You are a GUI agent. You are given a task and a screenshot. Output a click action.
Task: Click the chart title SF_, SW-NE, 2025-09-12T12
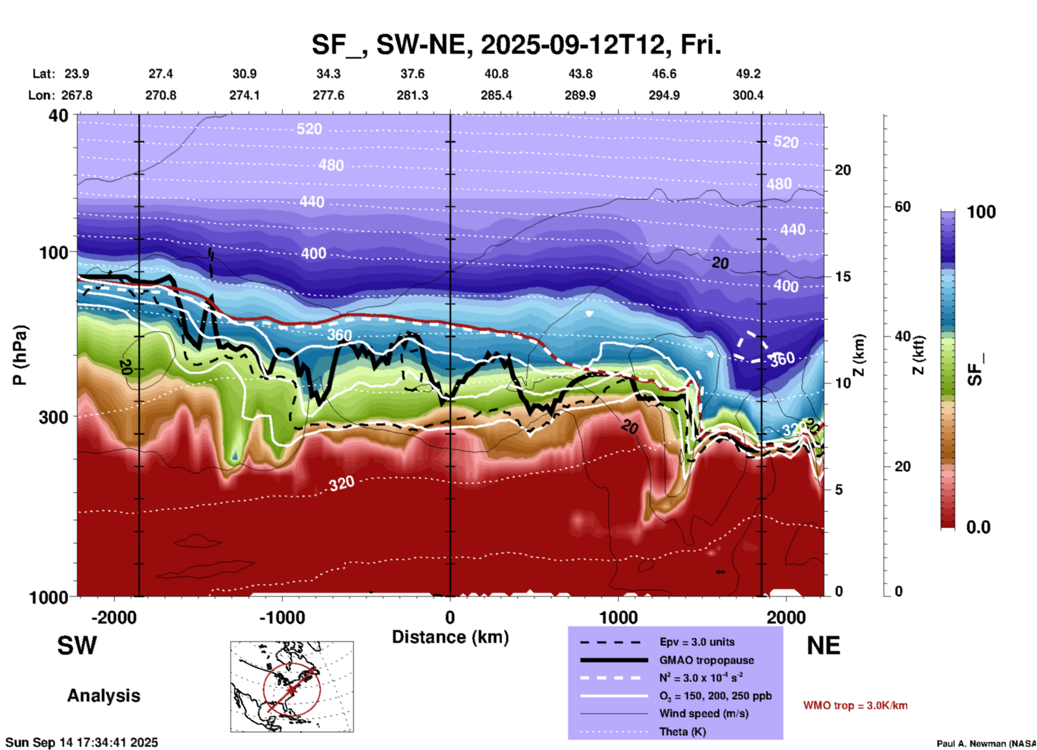[x=516, y=45]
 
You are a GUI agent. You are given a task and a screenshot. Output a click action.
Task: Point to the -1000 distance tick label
[x=282, y=618]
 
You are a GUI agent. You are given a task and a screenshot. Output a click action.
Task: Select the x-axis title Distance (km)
[x=450, y=637]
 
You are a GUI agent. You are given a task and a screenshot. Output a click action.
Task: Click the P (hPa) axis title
[x=20, y=355]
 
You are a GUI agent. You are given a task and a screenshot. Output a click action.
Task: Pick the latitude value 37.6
[x=412, y=74]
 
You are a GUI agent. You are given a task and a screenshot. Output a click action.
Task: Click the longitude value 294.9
[x=664, y=95]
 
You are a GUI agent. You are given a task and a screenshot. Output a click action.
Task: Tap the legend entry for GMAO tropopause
[x=706, y=660]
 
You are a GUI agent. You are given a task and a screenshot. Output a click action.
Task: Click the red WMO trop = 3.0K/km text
[x=855, y=705]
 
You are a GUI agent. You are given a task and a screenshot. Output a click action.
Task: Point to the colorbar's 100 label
[x=981, y=212]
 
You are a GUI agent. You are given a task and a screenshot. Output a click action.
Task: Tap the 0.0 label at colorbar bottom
[x=978, y=527]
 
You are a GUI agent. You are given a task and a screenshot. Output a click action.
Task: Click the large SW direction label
[x=77, y=646]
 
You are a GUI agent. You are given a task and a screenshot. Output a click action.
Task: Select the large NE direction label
[x=823, y=646]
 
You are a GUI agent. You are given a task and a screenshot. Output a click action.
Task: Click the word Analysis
[x=103, y=696]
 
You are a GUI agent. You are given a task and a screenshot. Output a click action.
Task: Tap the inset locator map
[x=292, y=687]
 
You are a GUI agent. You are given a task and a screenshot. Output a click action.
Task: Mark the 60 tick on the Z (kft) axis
[x=902, y=207]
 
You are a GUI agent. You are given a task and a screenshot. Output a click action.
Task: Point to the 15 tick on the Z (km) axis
[x=843, y=277]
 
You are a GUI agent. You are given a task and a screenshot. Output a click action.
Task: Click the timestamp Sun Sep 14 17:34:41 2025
[x=82, y=742]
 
